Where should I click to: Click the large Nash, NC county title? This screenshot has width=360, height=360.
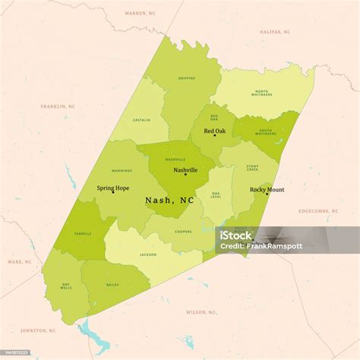(169, 201)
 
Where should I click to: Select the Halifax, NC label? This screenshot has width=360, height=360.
(274, 32)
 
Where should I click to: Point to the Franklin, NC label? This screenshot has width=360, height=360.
(58, 106)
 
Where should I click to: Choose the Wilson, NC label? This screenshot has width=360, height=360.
(201, 311)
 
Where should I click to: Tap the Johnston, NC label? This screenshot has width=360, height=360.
(38, 330)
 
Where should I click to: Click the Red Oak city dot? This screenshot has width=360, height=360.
(214, 136)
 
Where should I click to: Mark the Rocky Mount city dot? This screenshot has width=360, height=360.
(267, 194)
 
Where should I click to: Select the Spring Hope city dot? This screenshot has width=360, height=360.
(113, 192)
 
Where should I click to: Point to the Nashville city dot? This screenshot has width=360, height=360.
(185, 175)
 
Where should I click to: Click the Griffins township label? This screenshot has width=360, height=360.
(187, 77)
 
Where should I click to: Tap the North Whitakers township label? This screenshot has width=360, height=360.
(261, 94)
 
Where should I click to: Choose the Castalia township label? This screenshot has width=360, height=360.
(141, 119)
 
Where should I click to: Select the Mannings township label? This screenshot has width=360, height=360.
(122, 170)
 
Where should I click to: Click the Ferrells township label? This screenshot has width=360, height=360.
(84, 234)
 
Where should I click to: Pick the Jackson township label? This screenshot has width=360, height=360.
(147, 254)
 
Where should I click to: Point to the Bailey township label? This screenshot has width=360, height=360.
(113, 284)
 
